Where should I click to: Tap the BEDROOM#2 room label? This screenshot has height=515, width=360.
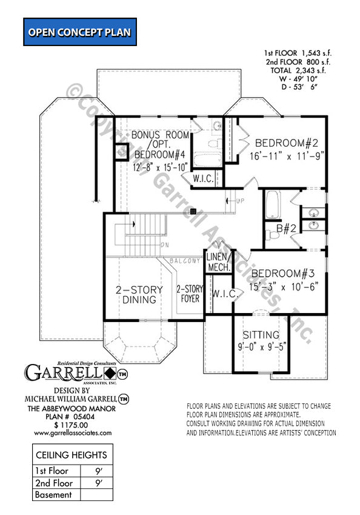pos(287,143)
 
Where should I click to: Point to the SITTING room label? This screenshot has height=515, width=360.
pos(261,335)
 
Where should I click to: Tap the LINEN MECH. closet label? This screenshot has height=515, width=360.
pos(218,263)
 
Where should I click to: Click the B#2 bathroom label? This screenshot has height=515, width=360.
pos(285,229)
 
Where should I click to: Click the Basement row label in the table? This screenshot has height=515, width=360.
pos(53,494)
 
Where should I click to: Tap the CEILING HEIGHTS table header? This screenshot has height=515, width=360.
pos(72,454)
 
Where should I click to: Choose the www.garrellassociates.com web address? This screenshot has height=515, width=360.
pos(73,433)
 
